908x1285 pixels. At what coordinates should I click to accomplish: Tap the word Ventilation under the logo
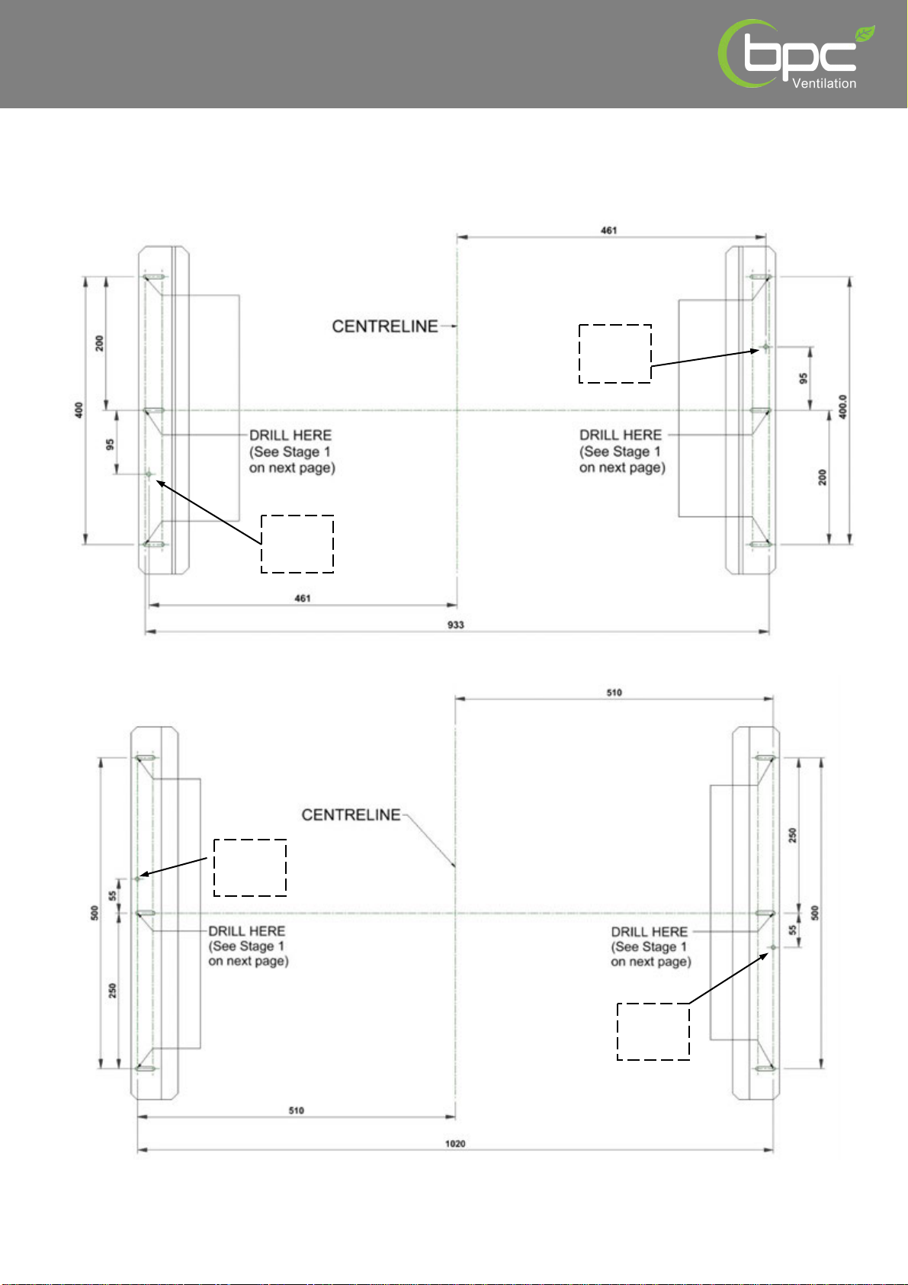coord(824,83)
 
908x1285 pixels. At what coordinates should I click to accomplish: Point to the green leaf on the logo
coord(865,34)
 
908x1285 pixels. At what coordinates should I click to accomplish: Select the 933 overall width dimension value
coord(455,624)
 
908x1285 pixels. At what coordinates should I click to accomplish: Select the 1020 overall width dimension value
coord(455,1143)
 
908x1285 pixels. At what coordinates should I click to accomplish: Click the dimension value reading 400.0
coord(842,406)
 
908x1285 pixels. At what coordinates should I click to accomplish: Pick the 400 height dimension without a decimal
coord(79,410)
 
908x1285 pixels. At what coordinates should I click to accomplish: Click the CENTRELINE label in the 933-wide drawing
coord(385,326)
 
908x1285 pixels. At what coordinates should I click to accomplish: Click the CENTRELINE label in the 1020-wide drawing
coord(351,814)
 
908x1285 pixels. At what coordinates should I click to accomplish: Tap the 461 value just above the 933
coord(302,599)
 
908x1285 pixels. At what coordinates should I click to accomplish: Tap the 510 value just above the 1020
coord(296,1110)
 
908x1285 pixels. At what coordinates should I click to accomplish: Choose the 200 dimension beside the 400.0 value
coord(822,477)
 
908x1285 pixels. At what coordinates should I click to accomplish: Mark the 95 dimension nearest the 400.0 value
coord(803,378)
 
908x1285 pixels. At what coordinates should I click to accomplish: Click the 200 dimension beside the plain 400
coord(99,344)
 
